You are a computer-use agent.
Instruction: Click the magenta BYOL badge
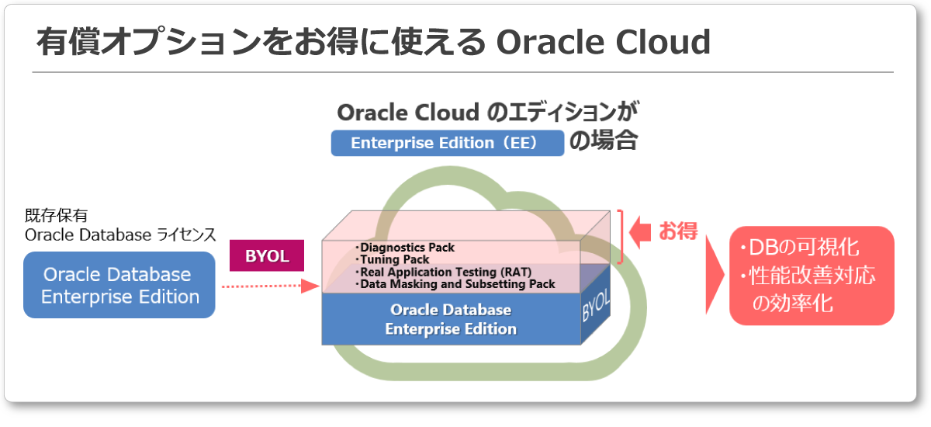pyautogui.click(x=266, y=255)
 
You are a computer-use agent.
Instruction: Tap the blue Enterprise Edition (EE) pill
pyautogui.click(x=447, y=143)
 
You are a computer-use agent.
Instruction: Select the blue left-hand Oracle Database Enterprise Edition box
pyautogui.click(x=119, y=285)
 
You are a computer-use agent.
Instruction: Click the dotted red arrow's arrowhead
pyautogui.click(x=310, y=286)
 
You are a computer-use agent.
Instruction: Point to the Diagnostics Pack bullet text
pyautogui.click(x=405, y=248)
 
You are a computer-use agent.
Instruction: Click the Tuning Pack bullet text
pyautogui.click(x=393, y=260)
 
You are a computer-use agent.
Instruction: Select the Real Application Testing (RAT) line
pyautogui.click(x=443, y=273)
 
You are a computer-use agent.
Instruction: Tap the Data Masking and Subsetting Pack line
pyautogui.click(x=455, y=284)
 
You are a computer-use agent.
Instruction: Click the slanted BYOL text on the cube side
pyautogui.click(x=596, y=306)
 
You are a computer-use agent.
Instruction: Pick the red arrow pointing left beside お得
pyautogui.click(x=640, y=232)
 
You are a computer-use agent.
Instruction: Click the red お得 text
pyautogui.click(x=678, y=231)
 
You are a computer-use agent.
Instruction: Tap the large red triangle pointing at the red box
pyautogui.click(x=715, y=275)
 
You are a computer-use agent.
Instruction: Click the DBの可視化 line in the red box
pyautogui.click(x=800, y=248)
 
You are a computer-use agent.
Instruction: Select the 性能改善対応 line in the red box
pyautogui.click(x=808, y=276)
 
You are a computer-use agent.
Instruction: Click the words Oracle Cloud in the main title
pyautogui.click(x=603, y=42)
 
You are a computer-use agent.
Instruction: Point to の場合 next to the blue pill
pyautogui.click(x=603, y=141)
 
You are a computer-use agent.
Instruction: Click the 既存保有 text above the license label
pyautogui.click(x=56, y=215)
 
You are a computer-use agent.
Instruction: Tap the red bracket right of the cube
pyautogui.click(x=621, y=237)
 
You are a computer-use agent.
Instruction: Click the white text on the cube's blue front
pyautogui.click(x=451, y=319)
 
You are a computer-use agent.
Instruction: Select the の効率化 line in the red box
pyautogui.click(x=792, y=303)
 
